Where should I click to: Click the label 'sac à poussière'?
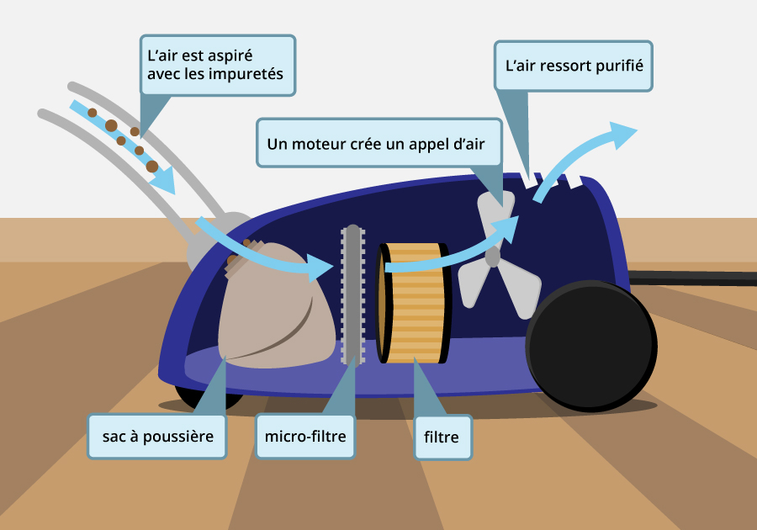(x=157, y=437)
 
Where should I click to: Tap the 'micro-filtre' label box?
(x=304, y=436)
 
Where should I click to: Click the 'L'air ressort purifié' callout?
(x=574, y=65)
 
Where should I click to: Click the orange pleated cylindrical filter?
(x=415, y=302)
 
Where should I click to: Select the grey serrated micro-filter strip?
(x=352, y=294)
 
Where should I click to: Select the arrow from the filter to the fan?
(x=454, y=252)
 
